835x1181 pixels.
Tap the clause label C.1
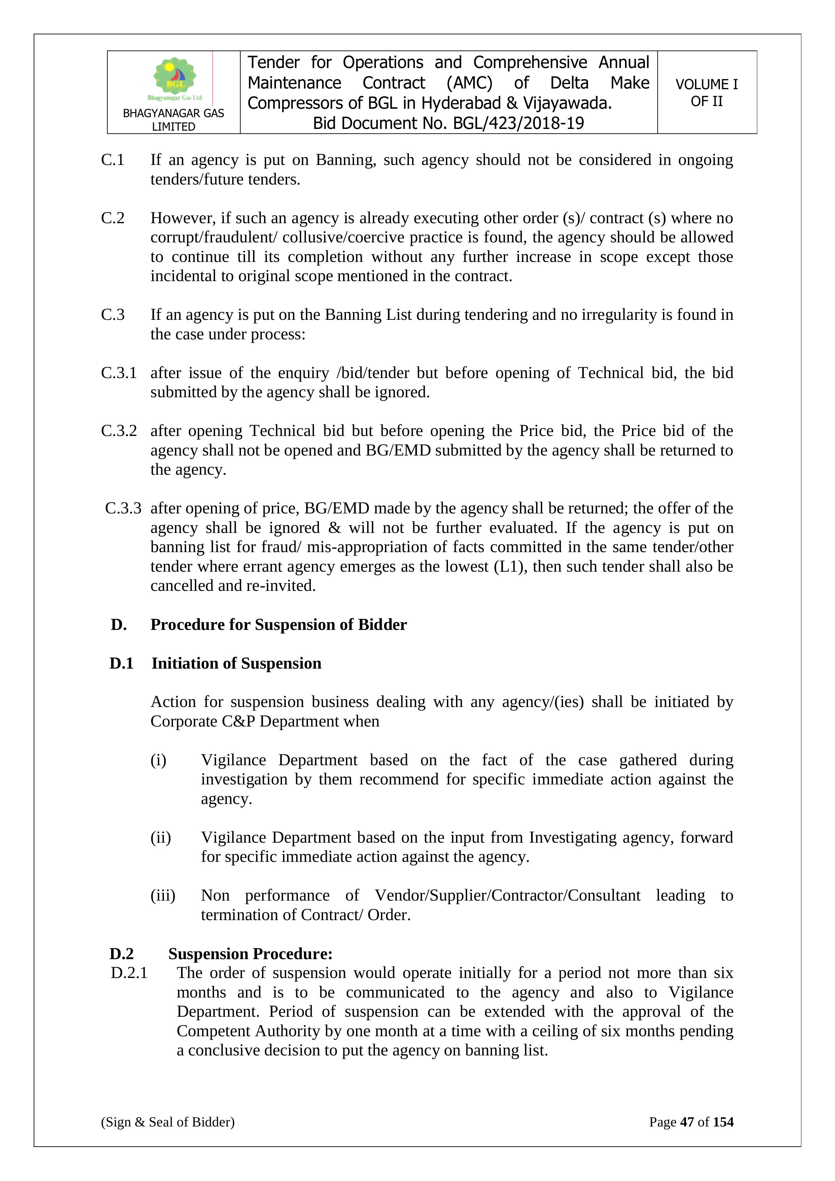coord(113,160)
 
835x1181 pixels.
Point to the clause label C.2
coord(113,218)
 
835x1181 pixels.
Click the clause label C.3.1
coord(119,373)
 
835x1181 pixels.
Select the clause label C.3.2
coord(119,431)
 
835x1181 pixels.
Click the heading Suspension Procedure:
coord(250,954)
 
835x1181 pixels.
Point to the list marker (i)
coord(159,760)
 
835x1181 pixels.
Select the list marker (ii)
coord(161,837)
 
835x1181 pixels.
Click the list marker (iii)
coord(163,896)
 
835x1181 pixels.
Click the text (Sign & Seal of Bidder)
coord(168,1122)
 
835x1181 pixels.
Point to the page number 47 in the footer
coord(687,1122)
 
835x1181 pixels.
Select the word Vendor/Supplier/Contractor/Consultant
coord(508,896)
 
